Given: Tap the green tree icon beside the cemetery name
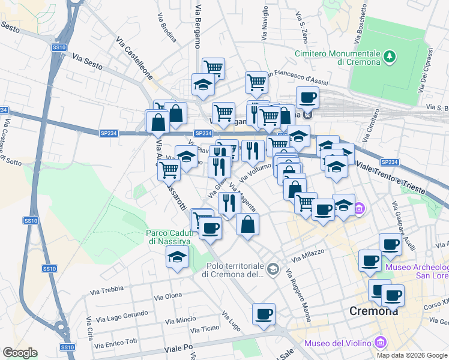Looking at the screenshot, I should pyautogui.click(x=391, y=57).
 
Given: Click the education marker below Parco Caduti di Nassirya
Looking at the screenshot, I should pyautogui.click(x=177, y=257).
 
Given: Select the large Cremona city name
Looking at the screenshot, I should pyautogui.click(x=373, y=311).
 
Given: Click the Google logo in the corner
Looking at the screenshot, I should pyautogui.click(x=19, y=353).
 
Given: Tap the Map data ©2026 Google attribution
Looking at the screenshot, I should pyautogui.click(x=412, y=355).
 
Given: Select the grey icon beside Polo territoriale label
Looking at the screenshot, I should pyautogui.click(x=274, y=268).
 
